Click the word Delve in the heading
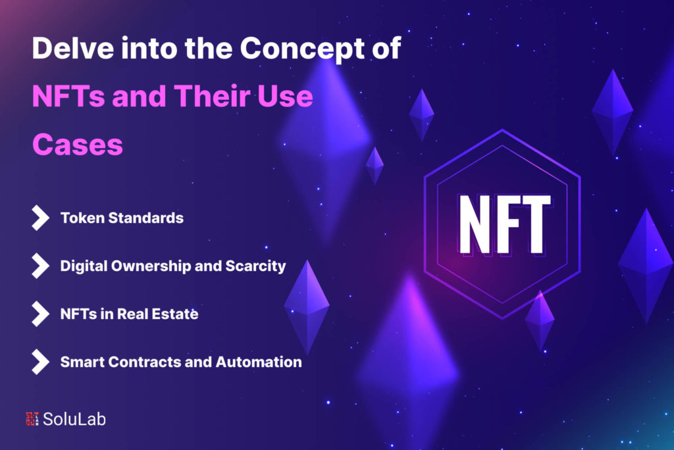[x=73, y=48]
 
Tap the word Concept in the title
[x=302, y=49]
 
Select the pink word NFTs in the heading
[x=68, y=96]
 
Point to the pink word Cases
[x=78, y=145]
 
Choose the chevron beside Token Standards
[x=40, y=218]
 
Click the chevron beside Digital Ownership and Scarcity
[x=40, y=266]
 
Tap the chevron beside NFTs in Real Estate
[x=40, y=314]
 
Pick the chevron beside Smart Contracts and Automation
[x=40, y=362]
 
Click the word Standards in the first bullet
[x=145, y=218]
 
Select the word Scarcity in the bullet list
[x=256, y=266]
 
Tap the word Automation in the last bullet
[x=259, y=362]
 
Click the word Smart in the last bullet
[x=82, y=362]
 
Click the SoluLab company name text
[x=74, y=419]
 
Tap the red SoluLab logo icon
[x=32, y=419]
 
